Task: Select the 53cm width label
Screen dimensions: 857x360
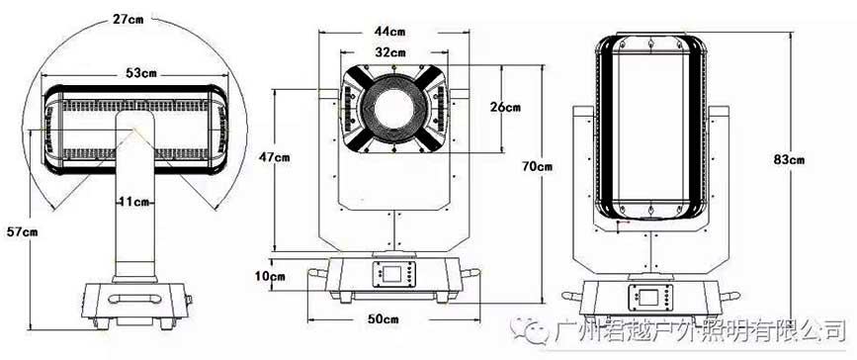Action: tap(133, 73)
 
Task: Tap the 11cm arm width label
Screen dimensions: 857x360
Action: tap(134, 202)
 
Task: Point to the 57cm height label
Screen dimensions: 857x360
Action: tap(22, 232)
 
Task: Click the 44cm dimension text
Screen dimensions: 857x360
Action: tap(389, 32)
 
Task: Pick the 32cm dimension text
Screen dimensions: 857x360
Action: tap(389, 52)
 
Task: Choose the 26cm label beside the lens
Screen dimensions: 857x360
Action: tap(505, 107)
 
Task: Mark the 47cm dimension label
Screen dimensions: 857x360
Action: tap(274, 157)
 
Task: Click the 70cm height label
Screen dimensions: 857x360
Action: tap(537, 166)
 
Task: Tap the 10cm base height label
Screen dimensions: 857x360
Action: tap(270, 276)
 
